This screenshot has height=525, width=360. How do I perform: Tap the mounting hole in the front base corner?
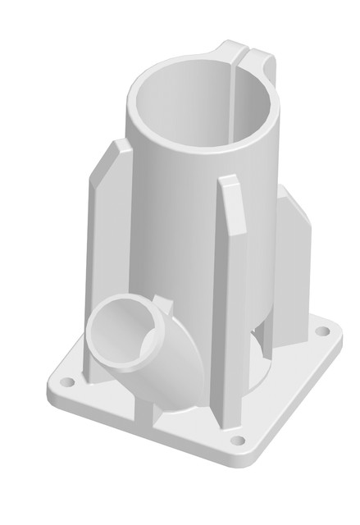238,441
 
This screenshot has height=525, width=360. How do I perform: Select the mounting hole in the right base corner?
323,332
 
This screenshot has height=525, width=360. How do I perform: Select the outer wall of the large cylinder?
176,230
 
